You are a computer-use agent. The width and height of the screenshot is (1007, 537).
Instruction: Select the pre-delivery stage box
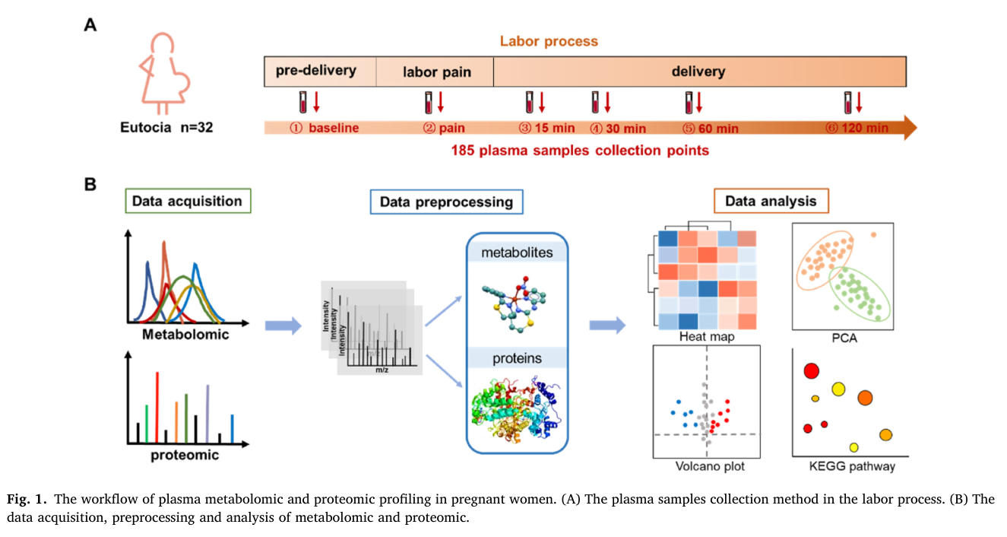pos(320,71)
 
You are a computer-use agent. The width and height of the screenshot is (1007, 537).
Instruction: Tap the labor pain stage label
pos(436,72)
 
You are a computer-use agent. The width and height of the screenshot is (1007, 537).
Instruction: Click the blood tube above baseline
pos(303,102)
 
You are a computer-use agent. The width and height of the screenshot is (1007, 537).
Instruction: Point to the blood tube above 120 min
pos(848,103)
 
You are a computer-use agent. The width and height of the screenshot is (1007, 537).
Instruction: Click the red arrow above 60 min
pos(699,102)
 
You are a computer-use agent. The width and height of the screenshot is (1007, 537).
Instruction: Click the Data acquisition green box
pos(188,201)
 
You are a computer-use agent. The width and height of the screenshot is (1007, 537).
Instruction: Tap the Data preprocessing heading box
pos(446,202)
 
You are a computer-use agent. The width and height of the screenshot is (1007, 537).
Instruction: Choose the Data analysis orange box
pos(771,201)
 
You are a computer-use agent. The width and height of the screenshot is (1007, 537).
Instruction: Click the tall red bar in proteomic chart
pos(157,408)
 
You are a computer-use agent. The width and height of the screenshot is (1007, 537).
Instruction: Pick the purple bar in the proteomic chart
pos(207,414)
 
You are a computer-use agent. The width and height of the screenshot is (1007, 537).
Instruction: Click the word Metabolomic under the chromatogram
pos(185,334)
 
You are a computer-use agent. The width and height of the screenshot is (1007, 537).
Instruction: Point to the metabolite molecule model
pos(515,303)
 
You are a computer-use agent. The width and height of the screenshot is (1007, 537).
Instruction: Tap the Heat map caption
pos(707,336)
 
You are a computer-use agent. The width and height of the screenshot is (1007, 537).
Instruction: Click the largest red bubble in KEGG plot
pos(812,371)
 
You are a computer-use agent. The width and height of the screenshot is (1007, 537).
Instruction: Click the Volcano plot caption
pos(710,466)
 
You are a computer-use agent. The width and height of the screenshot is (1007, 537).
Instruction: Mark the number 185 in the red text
pos(463,150)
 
